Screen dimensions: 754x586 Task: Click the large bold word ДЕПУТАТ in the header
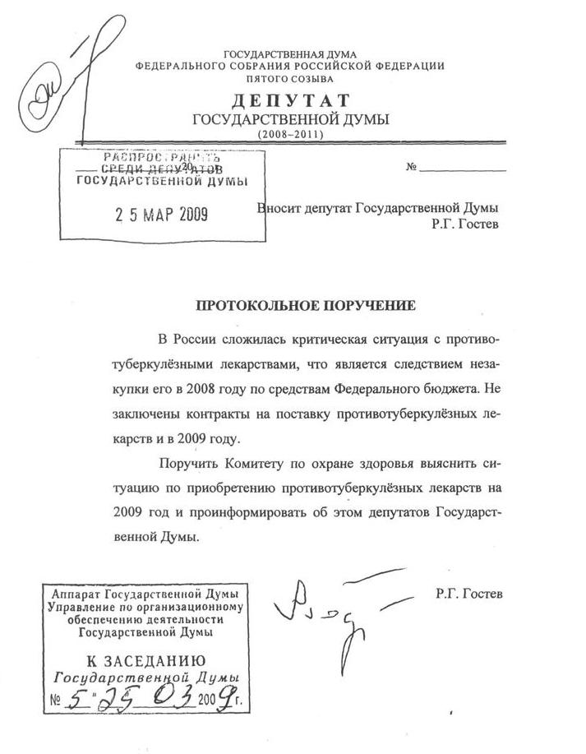coord(291,100)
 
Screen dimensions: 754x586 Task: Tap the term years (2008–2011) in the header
coord(291,133)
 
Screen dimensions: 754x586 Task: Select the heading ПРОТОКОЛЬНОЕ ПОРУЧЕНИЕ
coord(306,306)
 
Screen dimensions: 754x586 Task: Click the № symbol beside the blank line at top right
coord(413,168)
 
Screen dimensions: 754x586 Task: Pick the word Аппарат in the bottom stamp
coord(76,594)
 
